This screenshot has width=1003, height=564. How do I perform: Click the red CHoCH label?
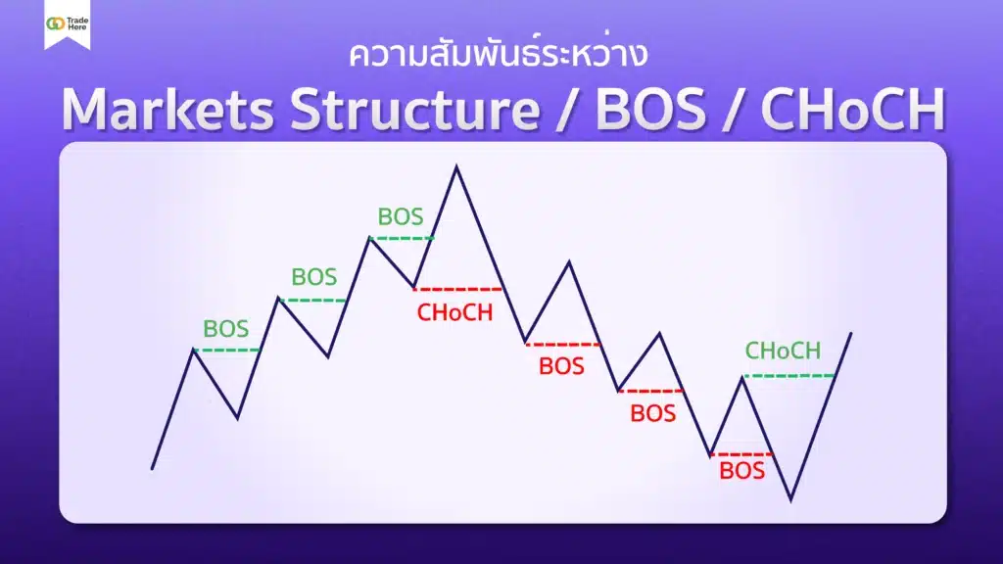click(454, 313)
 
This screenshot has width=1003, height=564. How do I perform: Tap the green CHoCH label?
click(783, 351)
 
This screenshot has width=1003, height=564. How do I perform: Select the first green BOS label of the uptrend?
click(225, 329)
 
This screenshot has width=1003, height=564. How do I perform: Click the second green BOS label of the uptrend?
click(313, 277)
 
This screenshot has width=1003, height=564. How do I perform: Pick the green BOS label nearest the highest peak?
click(401, 216)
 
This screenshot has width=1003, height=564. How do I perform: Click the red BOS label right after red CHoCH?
click(561, 367)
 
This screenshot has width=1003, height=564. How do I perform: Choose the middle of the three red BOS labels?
click(652, 413)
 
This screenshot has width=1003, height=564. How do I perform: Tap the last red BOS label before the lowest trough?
click(741, 471)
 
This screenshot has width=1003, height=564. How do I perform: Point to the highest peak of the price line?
click(456, 166)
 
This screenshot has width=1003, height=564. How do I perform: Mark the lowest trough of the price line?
click(789, 500)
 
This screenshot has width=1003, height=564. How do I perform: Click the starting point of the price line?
click(152, 469)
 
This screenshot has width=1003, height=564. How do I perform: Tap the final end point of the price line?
click(851, 333)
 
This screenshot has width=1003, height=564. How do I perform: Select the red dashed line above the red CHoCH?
click(457, 289)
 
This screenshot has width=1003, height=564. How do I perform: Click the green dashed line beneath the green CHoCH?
click(789, 375)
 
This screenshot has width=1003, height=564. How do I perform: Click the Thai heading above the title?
click(499, 55)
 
